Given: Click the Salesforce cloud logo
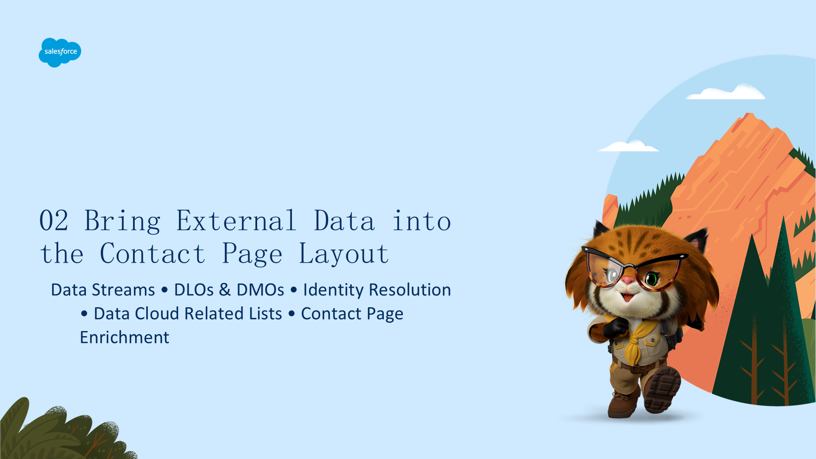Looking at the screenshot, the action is pyautogui.click(x=60, y=52).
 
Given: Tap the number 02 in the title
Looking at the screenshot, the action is pyautogui.click(x=54, y=221).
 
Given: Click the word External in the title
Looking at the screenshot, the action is pyautogui.click(x=236, y=221).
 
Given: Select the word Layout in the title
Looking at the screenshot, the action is pyautogui.click(x=344, y=254).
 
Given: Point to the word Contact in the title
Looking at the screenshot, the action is pyautogui.click(x=153, y=254).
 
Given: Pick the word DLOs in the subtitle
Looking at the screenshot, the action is pyautogui.click(x=194, y=290).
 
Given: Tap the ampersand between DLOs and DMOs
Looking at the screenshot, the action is pyautogui.click(x=225, y=290).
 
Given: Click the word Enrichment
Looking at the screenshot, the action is pyautogui.click(x=125, y=337).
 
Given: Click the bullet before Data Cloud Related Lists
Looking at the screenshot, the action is pyautogui.click(x=84, y=314).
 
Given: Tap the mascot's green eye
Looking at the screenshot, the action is pyautogui.click(x=652, y=279).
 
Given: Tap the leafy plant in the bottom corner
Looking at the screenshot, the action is pyautogui.click(x=64, y=431).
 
